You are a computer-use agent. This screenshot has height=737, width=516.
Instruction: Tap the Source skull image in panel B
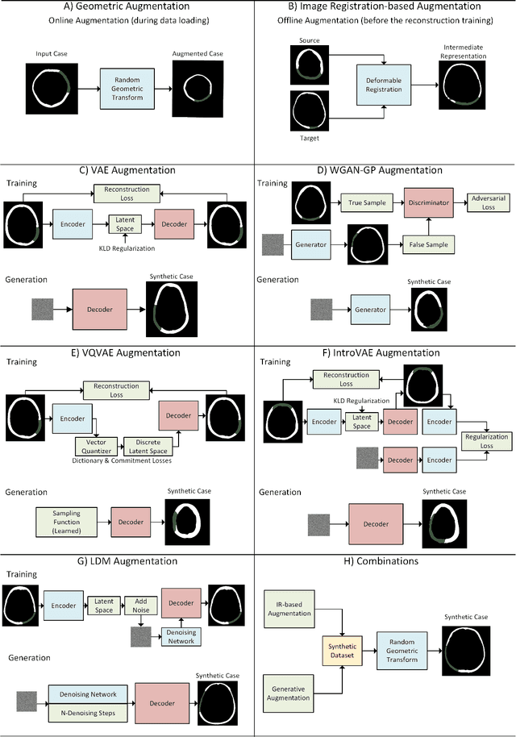click(307, 63)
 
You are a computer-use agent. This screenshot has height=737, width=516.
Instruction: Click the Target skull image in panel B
click(307, 113)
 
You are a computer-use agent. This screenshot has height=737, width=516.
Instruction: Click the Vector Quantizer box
click(97, 445)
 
